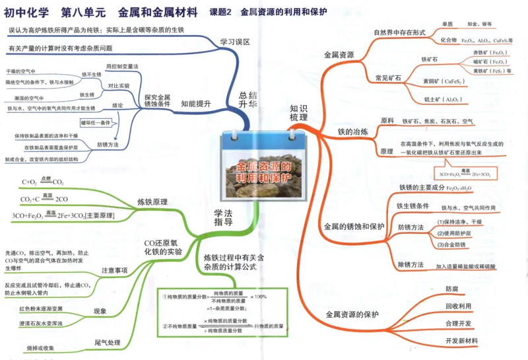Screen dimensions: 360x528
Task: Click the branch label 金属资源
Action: [339, 54]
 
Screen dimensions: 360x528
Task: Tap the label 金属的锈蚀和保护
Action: [354, 226]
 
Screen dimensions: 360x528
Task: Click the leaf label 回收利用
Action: [458, 306]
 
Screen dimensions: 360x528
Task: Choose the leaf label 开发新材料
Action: [461, 340]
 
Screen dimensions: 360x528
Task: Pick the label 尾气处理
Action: [108, 342]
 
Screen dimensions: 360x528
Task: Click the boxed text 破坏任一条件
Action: [95, 123]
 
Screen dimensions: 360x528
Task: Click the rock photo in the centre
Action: [264, 175]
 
